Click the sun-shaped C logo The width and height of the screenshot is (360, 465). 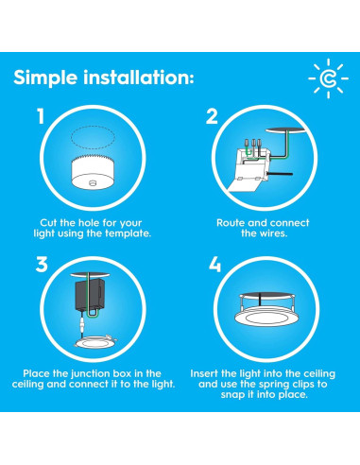[x=328, y=78]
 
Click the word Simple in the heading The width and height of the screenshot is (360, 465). [x=45, y=77]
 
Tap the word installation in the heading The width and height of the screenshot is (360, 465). [x=139, y=77]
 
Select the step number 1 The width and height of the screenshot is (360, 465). [x=41, y=116]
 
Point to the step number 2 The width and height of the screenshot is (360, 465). [x=212, y=116]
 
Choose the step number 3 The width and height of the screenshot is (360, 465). [x=42, y=265]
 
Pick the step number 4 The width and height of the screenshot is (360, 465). [x=214, y=265]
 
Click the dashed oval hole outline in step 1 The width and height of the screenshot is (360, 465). [x=93, y=137]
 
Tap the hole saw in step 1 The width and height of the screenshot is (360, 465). [x=93, y=172]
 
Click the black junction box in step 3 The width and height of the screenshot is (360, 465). [x=90, y=295]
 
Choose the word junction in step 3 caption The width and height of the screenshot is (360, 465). [x=91, y=374]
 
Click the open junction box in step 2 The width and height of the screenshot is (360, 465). [x=249, y=168]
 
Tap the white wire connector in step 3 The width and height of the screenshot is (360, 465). [x=83, y=324]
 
